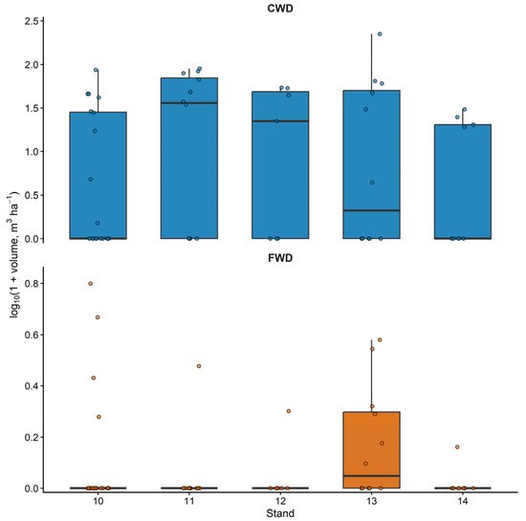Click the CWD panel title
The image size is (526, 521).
[280, 8]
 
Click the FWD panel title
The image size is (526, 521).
[280, 258]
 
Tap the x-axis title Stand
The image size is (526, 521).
[280, 513]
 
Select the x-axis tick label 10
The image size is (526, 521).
[98, 502]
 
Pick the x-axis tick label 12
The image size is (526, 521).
[280, 502]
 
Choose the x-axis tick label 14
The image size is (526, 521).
[463, 502]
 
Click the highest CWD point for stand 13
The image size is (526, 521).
[380, 33]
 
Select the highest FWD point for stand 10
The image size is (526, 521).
[91, 284]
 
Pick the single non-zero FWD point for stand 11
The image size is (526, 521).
[199, 366]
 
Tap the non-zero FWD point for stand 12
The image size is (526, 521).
[289, 411]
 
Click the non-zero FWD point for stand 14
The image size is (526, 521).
[457, 446]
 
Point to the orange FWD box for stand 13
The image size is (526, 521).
[371, 450]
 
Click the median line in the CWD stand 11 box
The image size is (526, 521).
[189, 103]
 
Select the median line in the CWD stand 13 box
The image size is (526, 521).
[371, 210]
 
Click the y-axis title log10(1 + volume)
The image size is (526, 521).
[13, 254]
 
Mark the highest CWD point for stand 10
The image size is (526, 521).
[96, 70]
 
